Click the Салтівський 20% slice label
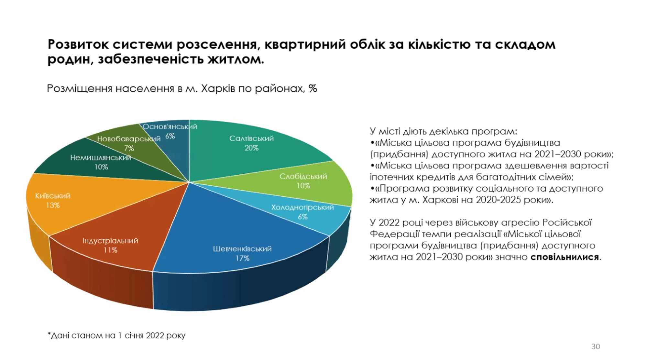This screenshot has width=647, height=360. (251, 143)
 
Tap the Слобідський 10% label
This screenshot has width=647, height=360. (303, 181)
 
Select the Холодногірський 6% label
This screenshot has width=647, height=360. (302, 212)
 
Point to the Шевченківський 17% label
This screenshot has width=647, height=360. (242, 253)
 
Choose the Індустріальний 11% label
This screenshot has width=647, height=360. (110, 245)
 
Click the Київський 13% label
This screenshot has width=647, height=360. (53, 200)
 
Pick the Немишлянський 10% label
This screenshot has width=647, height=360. (101, 162)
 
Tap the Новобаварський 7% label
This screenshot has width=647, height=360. (129, 143)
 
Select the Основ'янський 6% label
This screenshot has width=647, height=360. (170, 131)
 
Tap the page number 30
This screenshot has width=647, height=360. (596, 346)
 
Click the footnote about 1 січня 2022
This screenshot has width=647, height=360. (116, 335)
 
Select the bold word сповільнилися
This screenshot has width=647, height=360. (565, 257)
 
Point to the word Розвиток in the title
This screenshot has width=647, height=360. (78, 44)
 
